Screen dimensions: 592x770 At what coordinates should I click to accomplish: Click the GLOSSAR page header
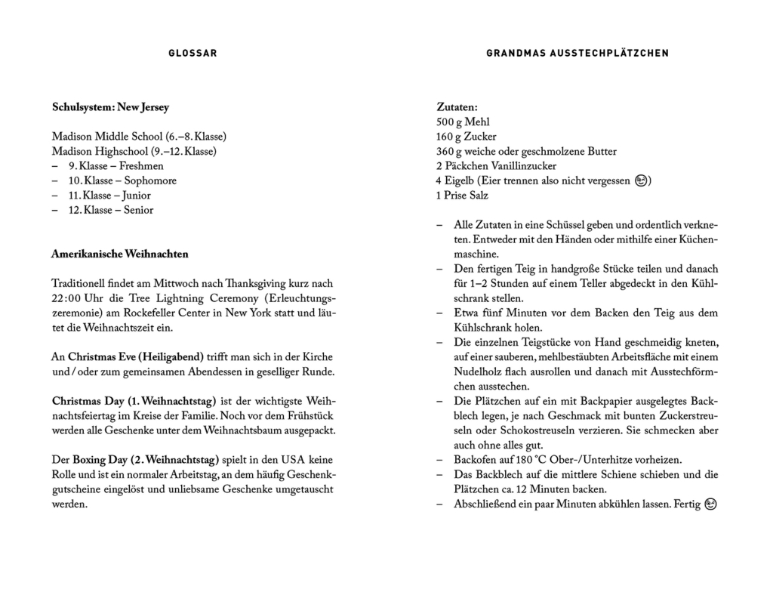(192, 53)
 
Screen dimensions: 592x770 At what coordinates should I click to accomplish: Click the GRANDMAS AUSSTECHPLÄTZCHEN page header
(577, 53)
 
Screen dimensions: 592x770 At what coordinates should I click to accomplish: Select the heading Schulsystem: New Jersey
(110, 108)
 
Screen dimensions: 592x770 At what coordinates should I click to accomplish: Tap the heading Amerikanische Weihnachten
(120, 254)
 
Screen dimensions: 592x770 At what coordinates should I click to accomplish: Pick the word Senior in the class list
(137, 211)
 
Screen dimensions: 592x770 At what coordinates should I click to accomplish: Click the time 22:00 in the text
(69, 299)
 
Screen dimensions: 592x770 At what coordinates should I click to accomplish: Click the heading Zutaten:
(457, 108)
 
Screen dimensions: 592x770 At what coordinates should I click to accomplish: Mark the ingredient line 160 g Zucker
(467, 137)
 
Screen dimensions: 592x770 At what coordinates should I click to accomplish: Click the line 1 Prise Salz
(462, 196)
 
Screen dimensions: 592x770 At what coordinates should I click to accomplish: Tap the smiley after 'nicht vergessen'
(641, 181)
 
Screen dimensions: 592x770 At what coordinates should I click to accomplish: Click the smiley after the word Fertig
(710, 504)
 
